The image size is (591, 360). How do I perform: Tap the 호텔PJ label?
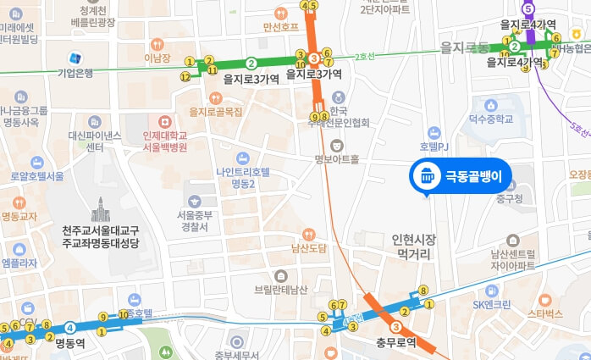(x=437, y=145)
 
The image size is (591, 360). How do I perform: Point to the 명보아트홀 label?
(x=336, y=158)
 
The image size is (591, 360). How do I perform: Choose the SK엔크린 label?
(x=491, y=303)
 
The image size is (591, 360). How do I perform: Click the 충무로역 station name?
(x=397, y=343)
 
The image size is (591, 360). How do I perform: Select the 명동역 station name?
(x=72, y=344)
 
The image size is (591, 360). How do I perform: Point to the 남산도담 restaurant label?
(x=308, y=248)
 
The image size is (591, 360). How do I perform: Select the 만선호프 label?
(x=281, y=26)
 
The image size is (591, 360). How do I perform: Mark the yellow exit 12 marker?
(x=185, y=77)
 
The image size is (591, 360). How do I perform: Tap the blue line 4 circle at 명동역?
(x=71, y=328)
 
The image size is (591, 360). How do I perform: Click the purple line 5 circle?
(x=529, y=9)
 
